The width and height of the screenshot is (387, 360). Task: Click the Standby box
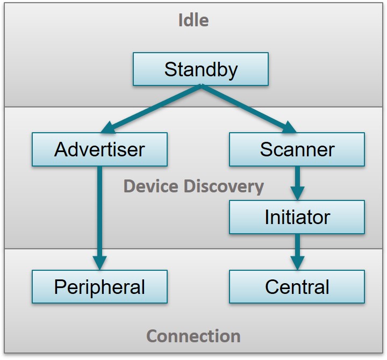point(200,69)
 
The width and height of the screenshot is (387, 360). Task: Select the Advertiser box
point(99,149)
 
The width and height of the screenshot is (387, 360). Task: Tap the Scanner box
point(297,149)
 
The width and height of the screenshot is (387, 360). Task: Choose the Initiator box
point(297,217)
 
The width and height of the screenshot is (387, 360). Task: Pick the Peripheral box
point(99,286)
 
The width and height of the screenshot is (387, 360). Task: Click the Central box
point(297,286)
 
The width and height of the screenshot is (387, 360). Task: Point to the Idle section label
point(193,20)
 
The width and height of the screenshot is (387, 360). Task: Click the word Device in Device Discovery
point(149,186)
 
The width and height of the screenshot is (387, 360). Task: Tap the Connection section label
point(193,336)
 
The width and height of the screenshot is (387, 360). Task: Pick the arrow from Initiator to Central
point(297,248)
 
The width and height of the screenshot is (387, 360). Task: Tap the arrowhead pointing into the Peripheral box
point(99,263)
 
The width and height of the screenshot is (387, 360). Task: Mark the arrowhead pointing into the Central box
point(297,263)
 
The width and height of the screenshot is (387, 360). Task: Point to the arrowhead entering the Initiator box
point(297,193)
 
